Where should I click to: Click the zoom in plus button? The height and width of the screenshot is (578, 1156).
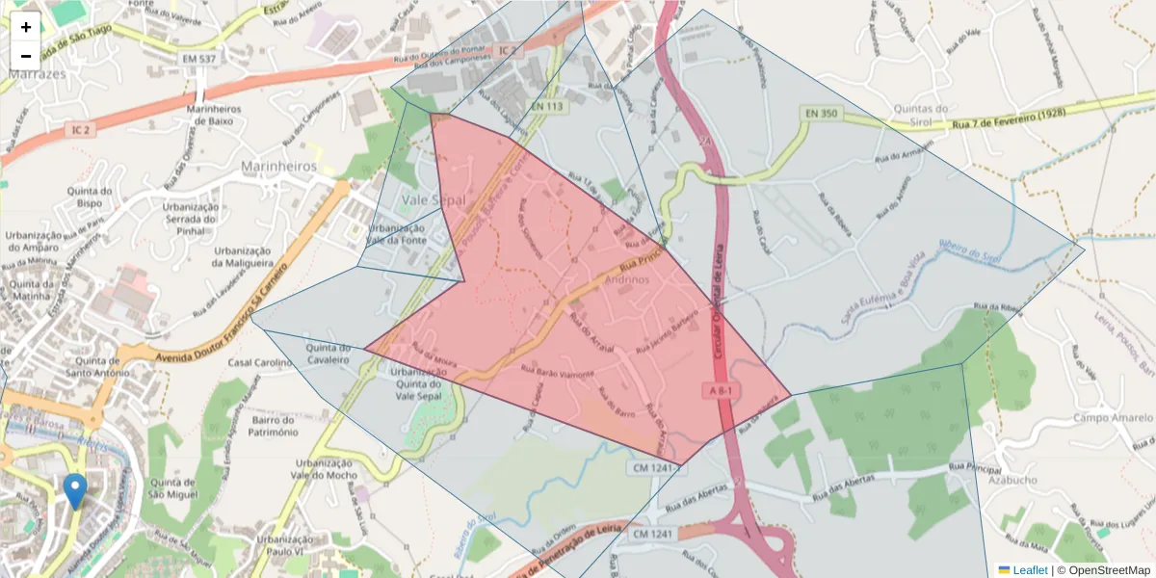tap(26, 26)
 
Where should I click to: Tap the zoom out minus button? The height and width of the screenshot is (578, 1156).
tap(26, 55)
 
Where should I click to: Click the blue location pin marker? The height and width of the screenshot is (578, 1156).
tap(74, 490)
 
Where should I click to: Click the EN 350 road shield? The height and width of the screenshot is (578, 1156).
tap(820, 114)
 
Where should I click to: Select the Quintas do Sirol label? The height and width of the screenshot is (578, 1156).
tap(922, 115)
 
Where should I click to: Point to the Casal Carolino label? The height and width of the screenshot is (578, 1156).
tap(260, 362)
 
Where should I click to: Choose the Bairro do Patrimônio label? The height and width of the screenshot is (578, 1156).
tap(272, 427)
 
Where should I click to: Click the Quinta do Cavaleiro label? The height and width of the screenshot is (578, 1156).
tap(328, 354)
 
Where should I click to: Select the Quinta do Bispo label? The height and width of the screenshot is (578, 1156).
tap(92, 197)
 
